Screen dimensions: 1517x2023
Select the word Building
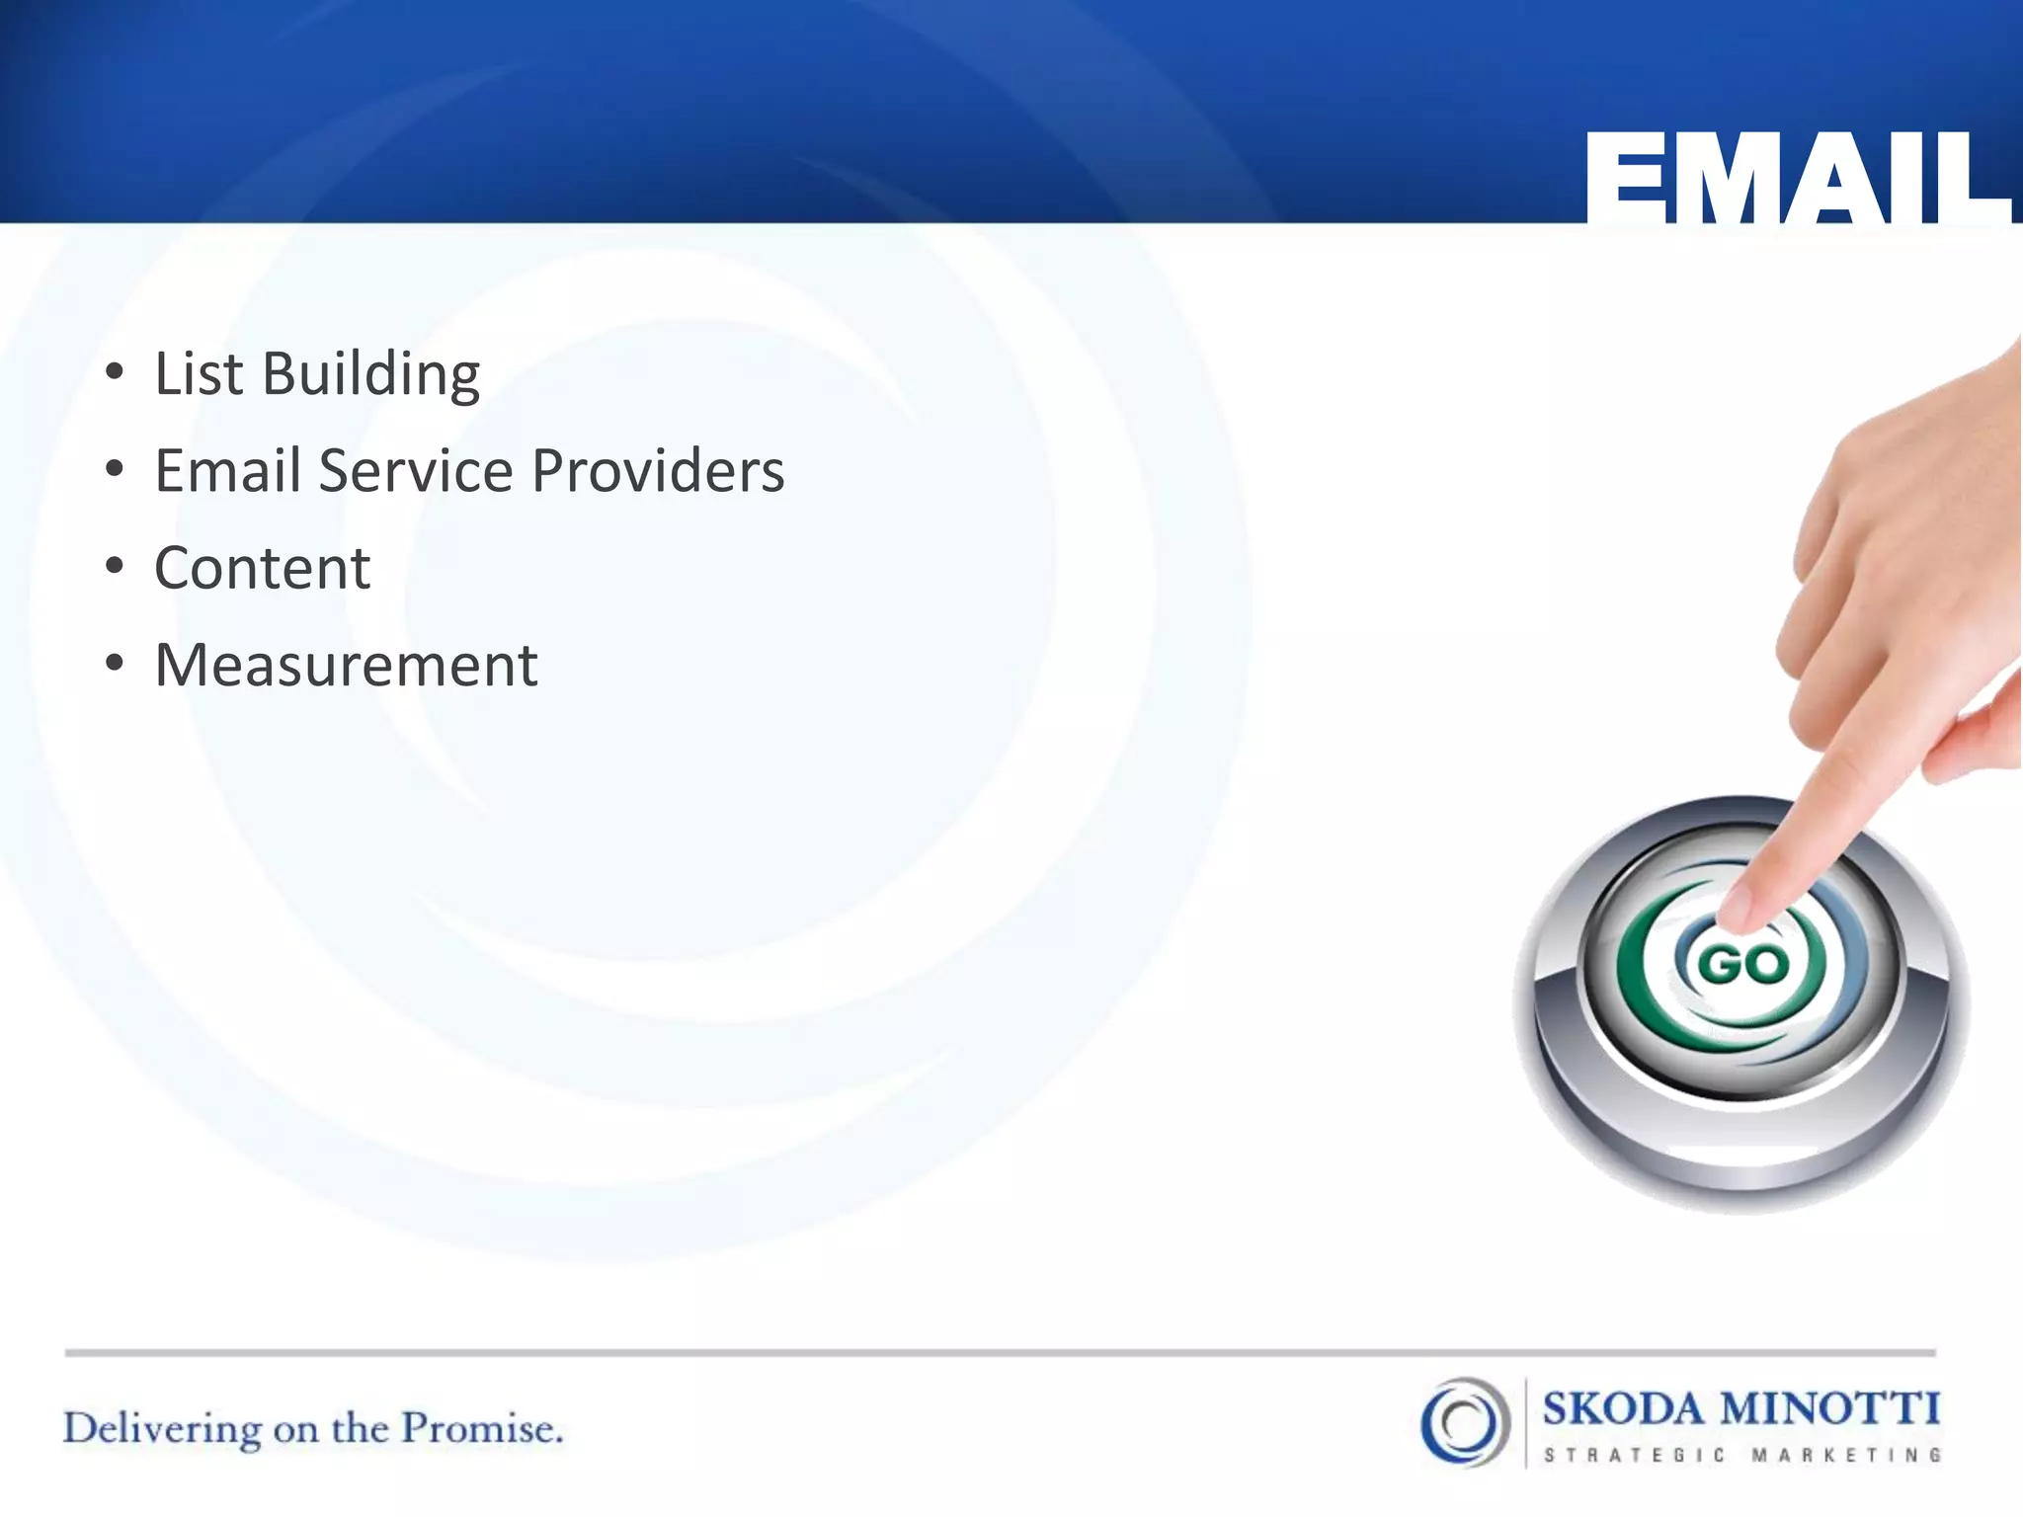370,376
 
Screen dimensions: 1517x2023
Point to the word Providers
658,470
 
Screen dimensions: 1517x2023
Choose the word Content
263,569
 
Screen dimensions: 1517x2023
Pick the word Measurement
346,665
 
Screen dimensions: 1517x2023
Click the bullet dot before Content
115,567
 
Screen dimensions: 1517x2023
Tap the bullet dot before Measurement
115,664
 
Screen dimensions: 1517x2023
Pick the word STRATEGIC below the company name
1635,1455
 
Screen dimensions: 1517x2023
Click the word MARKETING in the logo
1846,1455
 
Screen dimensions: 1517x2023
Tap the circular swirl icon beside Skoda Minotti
1465,1421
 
